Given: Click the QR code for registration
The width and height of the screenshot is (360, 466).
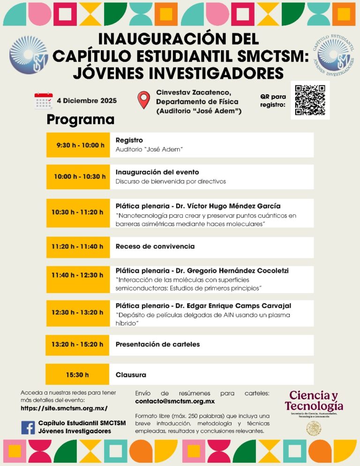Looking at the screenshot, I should [310, 100].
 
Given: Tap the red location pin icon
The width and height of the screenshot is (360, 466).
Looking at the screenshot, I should [143, 100].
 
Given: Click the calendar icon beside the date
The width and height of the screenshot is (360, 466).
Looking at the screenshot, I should [44, 101].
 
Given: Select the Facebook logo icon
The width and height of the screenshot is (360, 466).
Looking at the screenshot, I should [28, 427].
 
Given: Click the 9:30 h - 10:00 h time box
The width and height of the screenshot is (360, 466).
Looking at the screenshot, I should [78, 145].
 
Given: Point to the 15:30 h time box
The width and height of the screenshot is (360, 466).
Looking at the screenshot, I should [78, 375].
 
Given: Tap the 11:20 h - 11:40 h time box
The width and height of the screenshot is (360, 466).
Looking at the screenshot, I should [78, 247].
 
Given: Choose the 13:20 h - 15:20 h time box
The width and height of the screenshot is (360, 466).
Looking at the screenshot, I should [78, 345].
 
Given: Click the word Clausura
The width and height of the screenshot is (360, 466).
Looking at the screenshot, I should [131, 375].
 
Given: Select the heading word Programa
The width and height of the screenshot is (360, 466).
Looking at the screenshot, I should [80, 120].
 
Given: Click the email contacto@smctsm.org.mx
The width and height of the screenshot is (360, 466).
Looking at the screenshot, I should [175, 402].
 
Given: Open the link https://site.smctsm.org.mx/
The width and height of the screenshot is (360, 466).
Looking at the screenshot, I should [64, 408].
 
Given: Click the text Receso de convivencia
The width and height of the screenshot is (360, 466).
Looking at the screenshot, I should [155, 247].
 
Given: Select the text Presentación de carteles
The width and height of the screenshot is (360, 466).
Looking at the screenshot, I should [157, 345].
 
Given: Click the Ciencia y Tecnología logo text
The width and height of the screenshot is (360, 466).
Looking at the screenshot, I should [314, 400].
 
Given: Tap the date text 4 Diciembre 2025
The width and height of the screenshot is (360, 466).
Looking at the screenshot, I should [87, 101].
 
